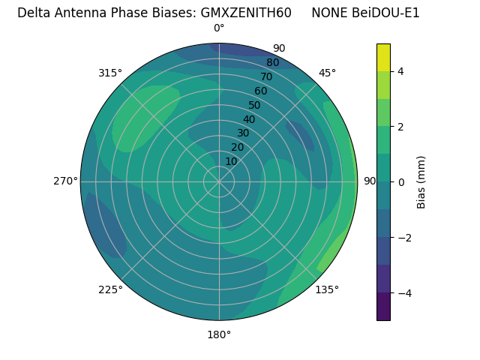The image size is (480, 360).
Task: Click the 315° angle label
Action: point(109,73)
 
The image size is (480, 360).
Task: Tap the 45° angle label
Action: point(327,73)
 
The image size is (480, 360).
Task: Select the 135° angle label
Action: point(327,289)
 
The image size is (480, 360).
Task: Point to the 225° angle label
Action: point(110,289)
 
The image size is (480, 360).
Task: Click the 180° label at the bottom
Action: point(219,334)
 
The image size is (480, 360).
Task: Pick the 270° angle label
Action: point(65,181)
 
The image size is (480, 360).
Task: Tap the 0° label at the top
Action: point(219,28)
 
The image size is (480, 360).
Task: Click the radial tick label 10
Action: point(231,161)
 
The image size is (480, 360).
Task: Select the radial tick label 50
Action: point(254,105)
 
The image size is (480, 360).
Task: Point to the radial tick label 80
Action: point(272,62)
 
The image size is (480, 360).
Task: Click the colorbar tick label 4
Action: point(400,71)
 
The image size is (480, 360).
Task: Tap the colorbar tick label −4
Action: point(403,292)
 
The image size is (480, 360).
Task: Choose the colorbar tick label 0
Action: point(400,181)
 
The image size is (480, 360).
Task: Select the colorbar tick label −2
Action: point(403,237)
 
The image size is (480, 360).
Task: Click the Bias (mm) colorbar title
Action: point(421,181)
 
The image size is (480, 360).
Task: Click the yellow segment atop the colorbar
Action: point(383,57)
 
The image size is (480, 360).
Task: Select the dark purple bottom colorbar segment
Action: point(383,306)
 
